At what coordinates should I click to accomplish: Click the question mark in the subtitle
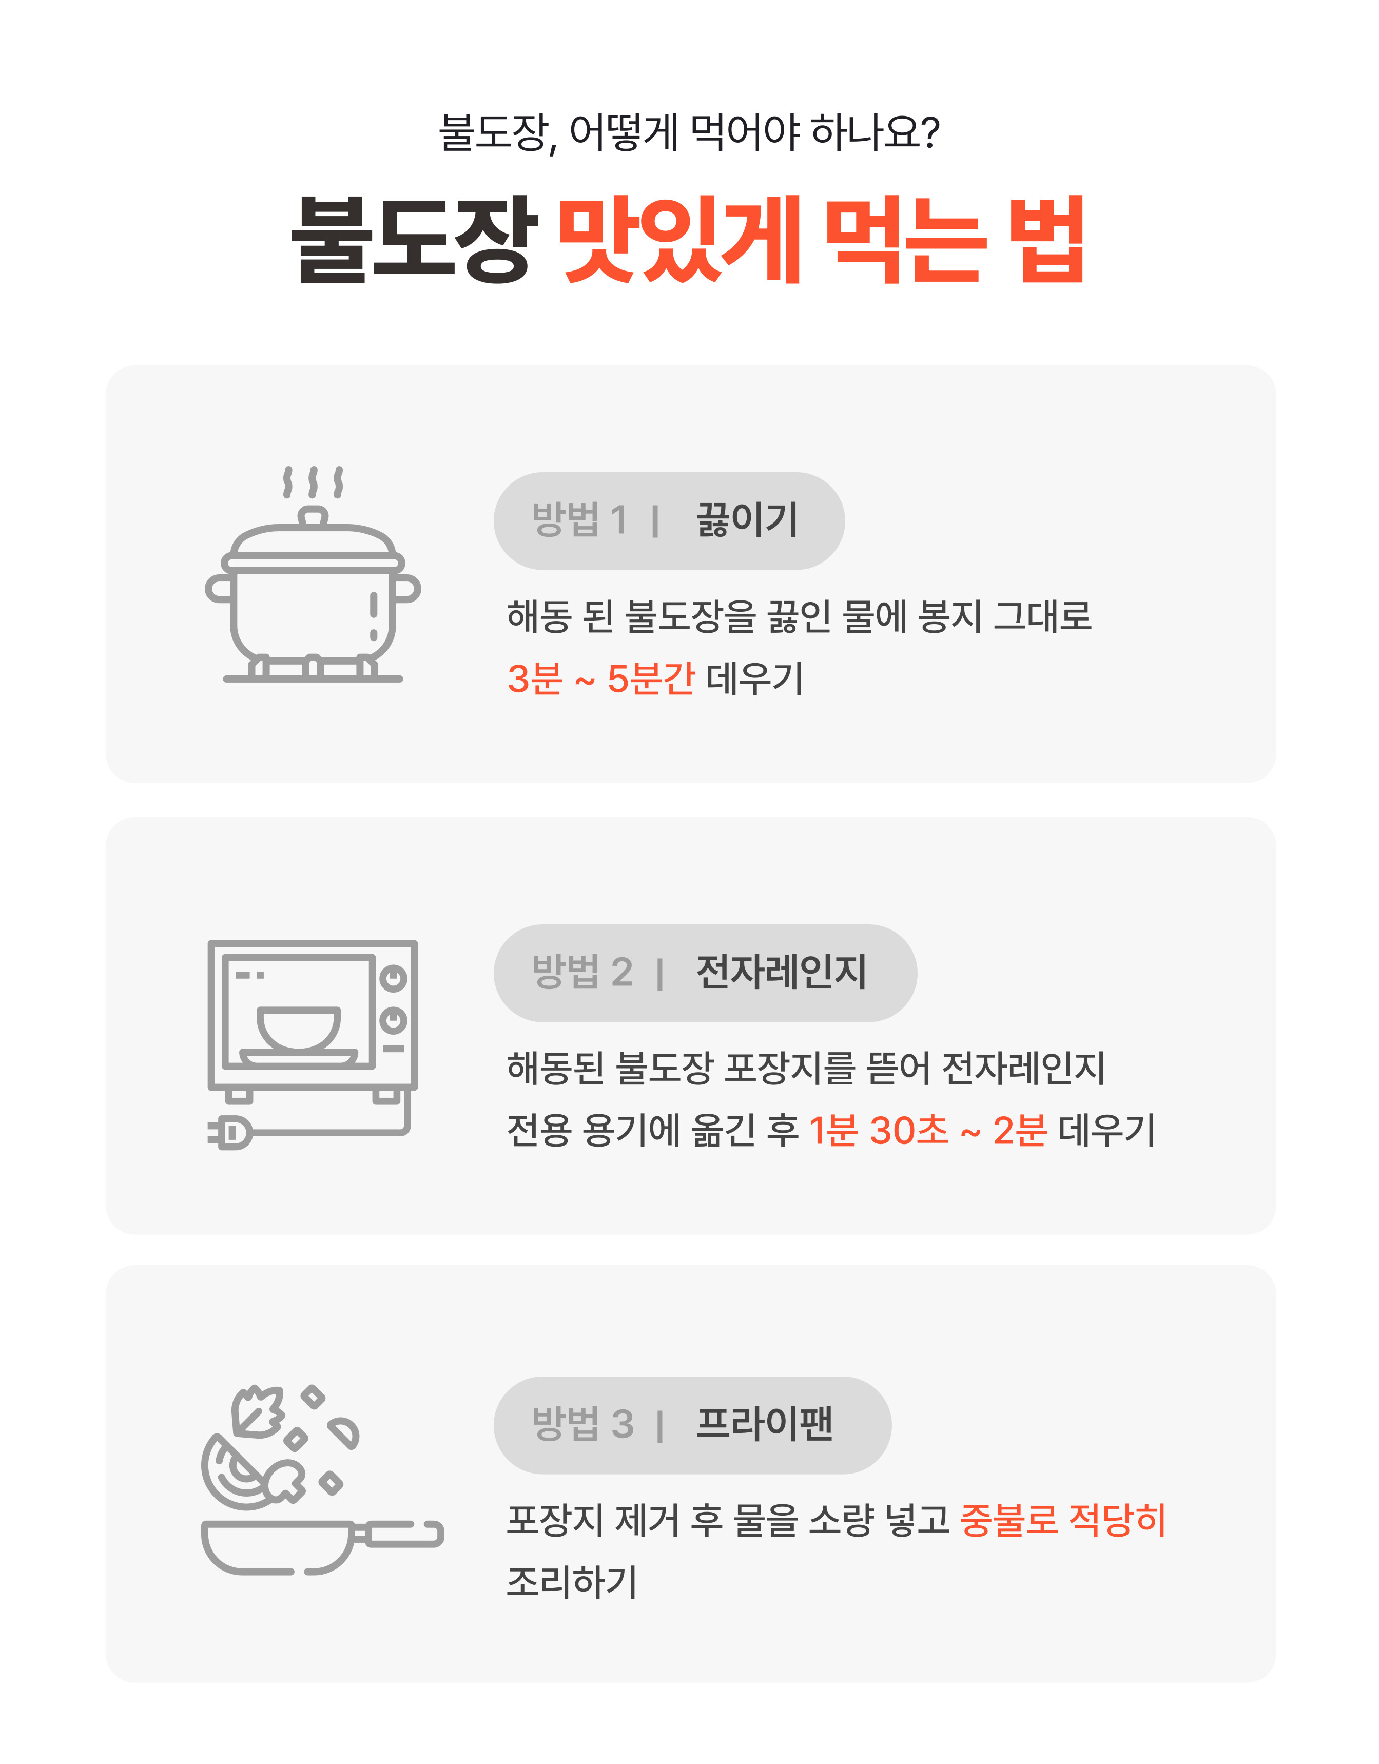pos(929,132)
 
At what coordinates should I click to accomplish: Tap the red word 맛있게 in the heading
pos(678,239)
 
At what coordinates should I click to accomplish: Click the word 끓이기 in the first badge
pos(747,519)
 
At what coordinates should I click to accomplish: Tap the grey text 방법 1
pos(579,519)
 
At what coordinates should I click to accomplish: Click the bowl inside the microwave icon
pos(299,1028)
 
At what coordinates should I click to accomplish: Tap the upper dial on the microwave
pos(394,979)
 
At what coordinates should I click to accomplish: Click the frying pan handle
pos(400,1533)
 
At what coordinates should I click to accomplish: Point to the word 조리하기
pos(572,1581)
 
